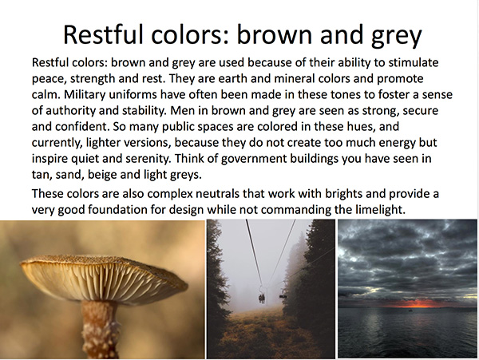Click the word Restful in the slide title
(x=103, y=34)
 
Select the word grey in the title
(x=397, y=37)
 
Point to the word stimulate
(x=414, y=62)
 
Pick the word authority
(x=70, y=111)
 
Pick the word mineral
(x=294, y=78)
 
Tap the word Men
(x=182, y=110)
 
